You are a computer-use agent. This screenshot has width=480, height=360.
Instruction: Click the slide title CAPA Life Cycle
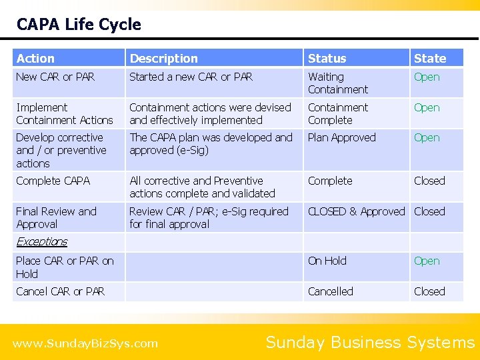79,25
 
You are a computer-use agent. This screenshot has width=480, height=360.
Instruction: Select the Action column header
35,59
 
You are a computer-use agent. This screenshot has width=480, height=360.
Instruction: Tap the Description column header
163,59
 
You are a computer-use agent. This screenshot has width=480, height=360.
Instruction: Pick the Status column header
327,59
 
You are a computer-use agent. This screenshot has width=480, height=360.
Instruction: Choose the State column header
430,59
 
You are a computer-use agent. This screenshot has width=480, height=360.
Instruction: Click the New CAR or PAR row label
55,77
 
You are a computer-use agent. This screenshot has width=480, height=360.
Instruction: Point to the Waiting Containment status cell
337,83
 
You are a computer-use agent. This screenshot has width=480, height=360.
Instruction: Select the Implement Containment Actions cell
64,113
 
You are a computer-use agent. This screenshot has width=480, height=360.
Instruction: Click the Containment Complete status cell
337,113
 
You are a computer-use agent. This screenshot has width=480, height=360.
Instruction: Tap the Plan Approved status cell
341,137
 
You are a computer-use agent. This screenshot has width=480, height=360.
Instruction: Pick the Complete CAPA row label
53,181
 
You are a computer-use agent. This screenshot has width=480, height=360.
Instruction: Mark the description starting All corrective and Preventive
202,187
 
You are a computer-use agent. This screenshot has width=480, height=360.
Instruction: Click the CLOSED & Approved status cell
356,211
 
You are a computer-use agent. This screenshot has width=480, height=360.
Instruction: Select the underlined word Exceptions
41,241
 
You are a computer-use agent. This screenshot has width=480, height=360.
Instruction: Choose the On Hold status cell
327,261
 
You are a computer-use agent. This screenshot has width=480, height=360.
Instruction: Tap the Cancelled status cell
330,291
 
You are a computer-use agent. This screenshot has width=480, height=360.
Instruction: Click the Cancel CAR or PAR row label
60,291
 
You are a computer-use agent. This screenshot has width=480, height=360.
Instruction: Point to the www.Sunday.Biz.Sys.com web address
85,344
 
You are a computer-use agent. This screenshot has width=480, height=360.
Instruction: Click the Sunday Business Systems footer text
370,343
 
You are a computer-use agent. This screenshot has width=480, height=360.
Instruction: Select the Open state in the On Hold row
427,261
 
